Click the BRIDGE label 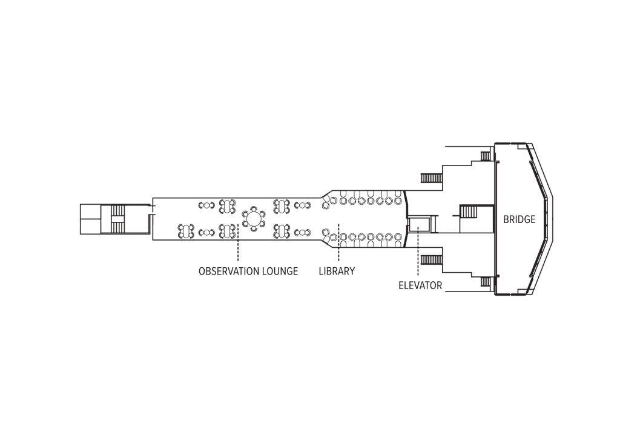click(x=519, y=219)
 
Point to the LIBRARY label click(x=337, y=271)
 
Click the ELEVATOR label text click(x=420, y=285)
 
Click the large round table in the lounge click(x=254, y=218)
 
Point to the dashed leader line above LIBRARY click(x=338, y=242)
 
